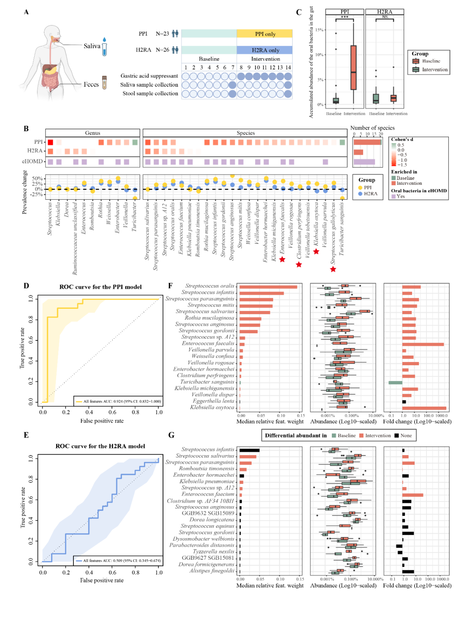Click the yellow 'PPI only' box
coord(265,34)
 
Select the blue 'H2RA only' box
coord(265,50)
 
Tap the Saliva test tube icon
coord(104,47)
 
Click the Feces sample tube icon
coord(104,83)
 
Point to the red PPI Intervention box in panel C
coord(353,67)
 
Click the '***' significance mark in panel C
coord(345,17)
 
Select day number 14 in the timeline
coord(288,67)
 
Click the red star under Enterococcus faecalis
coord(282,259)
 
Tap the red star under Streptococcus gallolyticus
coord(333,269)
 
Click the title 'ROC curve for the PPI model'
coord(100,287)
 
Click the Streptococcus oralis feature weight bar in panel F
coord(268,287)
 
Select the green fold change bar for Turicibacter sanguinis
coord(396,383)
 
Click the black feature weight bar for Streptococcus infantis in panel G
coord(250,450)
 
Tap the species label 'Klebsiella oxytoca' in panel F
coord(212,407)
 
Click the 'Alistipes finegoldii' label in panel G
coord(212,571)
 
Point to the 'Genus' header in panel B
coord(92,133)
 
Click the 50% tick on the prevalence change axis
coord(38,179)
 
